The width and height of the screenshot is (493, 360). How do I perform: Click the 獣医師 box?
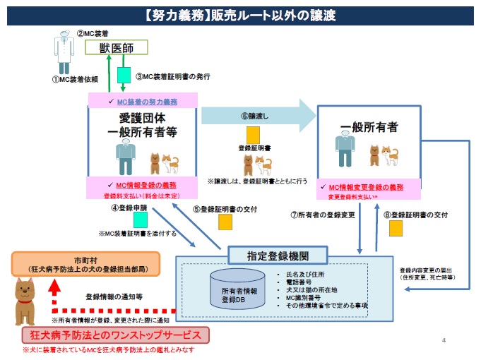(x=117, y=47)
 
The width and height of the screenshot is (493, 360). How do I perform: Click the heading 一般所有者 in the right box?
(x=369, y=128)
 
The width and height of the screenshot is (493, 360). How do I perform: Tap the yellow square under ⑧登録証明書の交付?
(x=396, y=229)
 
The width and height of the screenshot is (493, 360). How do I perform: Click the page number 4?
(x=444, y=341)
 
